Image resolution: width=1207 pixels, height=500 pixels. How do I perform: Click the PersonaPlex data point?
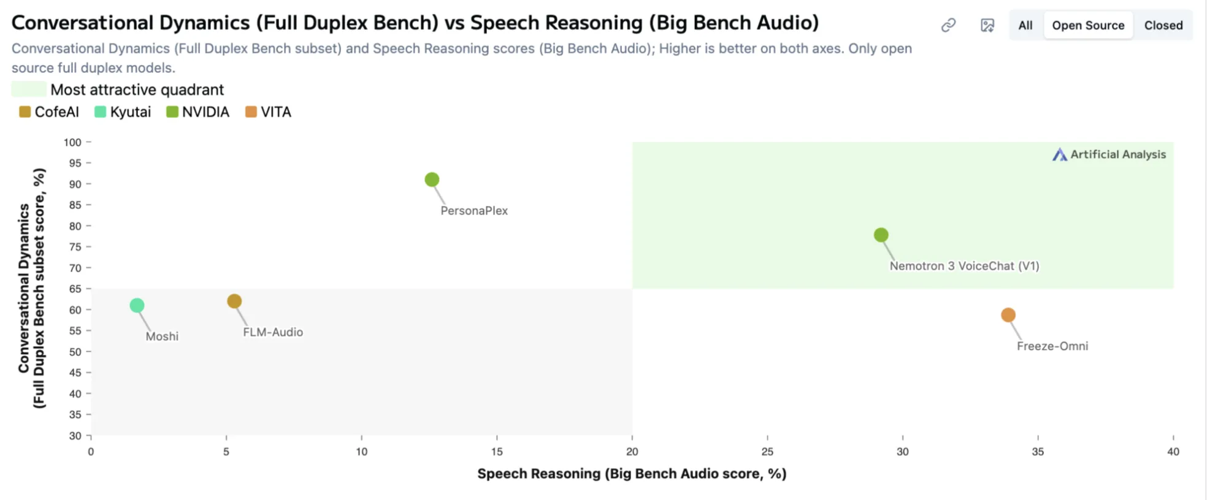432,180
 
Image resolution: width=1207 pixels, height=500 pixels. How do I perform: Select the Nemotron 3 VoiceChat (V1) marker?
881,235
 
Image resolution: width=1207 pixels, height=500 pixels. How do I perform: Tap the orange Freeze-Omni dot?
1008,315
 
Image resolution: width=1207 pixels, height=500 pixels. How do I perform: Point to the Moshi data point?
137,305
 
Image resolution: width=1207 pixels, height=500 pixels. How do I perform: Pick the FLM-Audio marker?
234,301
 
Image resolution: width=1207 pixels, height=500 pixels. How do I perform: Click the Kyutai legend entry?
123,112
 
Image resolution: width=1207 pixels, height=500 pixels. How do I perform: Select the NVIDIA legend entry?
197,112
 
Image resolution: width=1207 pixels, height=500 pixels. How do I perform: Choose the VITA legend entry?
268,112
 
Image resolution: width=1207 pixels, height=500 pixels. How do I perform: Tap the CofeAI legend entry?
49,112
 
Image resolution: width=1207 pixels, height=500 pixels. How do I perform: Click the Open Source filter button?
1088,25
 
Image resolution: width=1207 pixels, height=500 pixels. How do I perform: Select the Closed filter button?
1163,25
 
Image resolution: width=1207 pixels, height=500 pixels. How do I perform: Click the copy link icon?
948,25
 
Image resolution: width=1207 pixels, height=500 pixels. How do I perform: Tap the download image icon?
987,25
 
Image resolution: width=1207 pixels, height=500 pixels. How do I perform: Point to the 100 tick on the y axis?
72,142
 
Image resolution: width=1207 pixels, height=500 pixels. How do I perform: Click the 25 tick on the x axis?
767,452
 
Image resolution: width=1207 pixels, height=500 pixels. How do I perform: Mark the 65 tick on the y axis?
75,289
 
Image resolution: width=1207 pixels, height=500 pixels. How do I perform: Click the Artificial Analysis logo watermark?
1109,154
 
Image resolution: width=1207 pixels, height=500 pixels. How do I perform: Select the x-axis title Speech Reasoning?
632,474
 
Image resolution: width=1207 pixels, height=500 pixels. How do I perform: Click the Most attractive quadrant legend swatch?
28,89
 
